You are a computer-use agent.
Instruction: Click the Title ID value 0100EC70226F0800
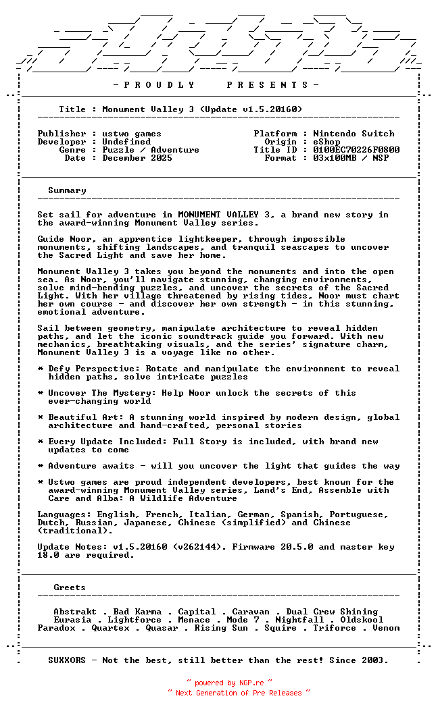click(x=356, y=150)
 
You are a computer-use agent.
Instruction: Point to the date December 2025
click(x=137, y=158)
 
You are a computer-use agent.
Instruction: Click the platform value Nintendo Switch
click(x=354, y=134)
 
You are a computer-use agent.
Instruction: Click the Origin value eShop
click(x=326, y=142)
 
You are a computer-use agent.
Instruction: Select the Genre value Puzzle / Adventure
click(x=151, y=150)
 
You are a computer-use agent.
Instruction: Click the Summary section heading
click(x=67, y=190)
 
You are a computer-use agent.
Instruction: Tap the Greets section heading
click(x=70, y=587)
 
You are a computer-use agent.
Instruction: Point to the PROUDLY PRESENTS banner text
click(x=216, y=85)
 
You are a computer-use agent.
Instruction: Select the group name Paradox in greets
click(x=56, y=628)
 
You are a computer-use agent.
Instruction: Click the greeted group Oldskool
click(x=362, y=620)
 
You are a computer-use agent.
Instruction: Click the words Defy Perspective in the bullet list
click(x=86, y=369)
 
